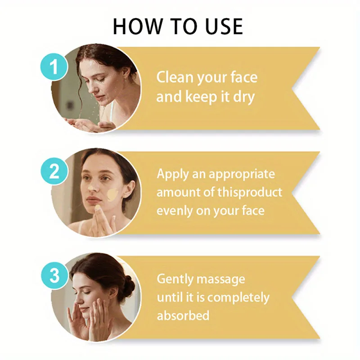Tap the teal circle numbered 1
tap(54, 67)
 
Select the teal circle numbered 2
tap(54, 172)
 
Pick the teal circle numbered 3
tap(54, 275)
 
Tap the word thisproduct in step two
tap(250, 192)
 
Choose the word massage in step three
tap(221, 279)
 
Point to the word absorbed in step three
tap(183, 315)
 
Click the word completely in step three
tap(238, 298)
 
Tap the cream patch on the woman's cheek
tap(112, 195)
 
